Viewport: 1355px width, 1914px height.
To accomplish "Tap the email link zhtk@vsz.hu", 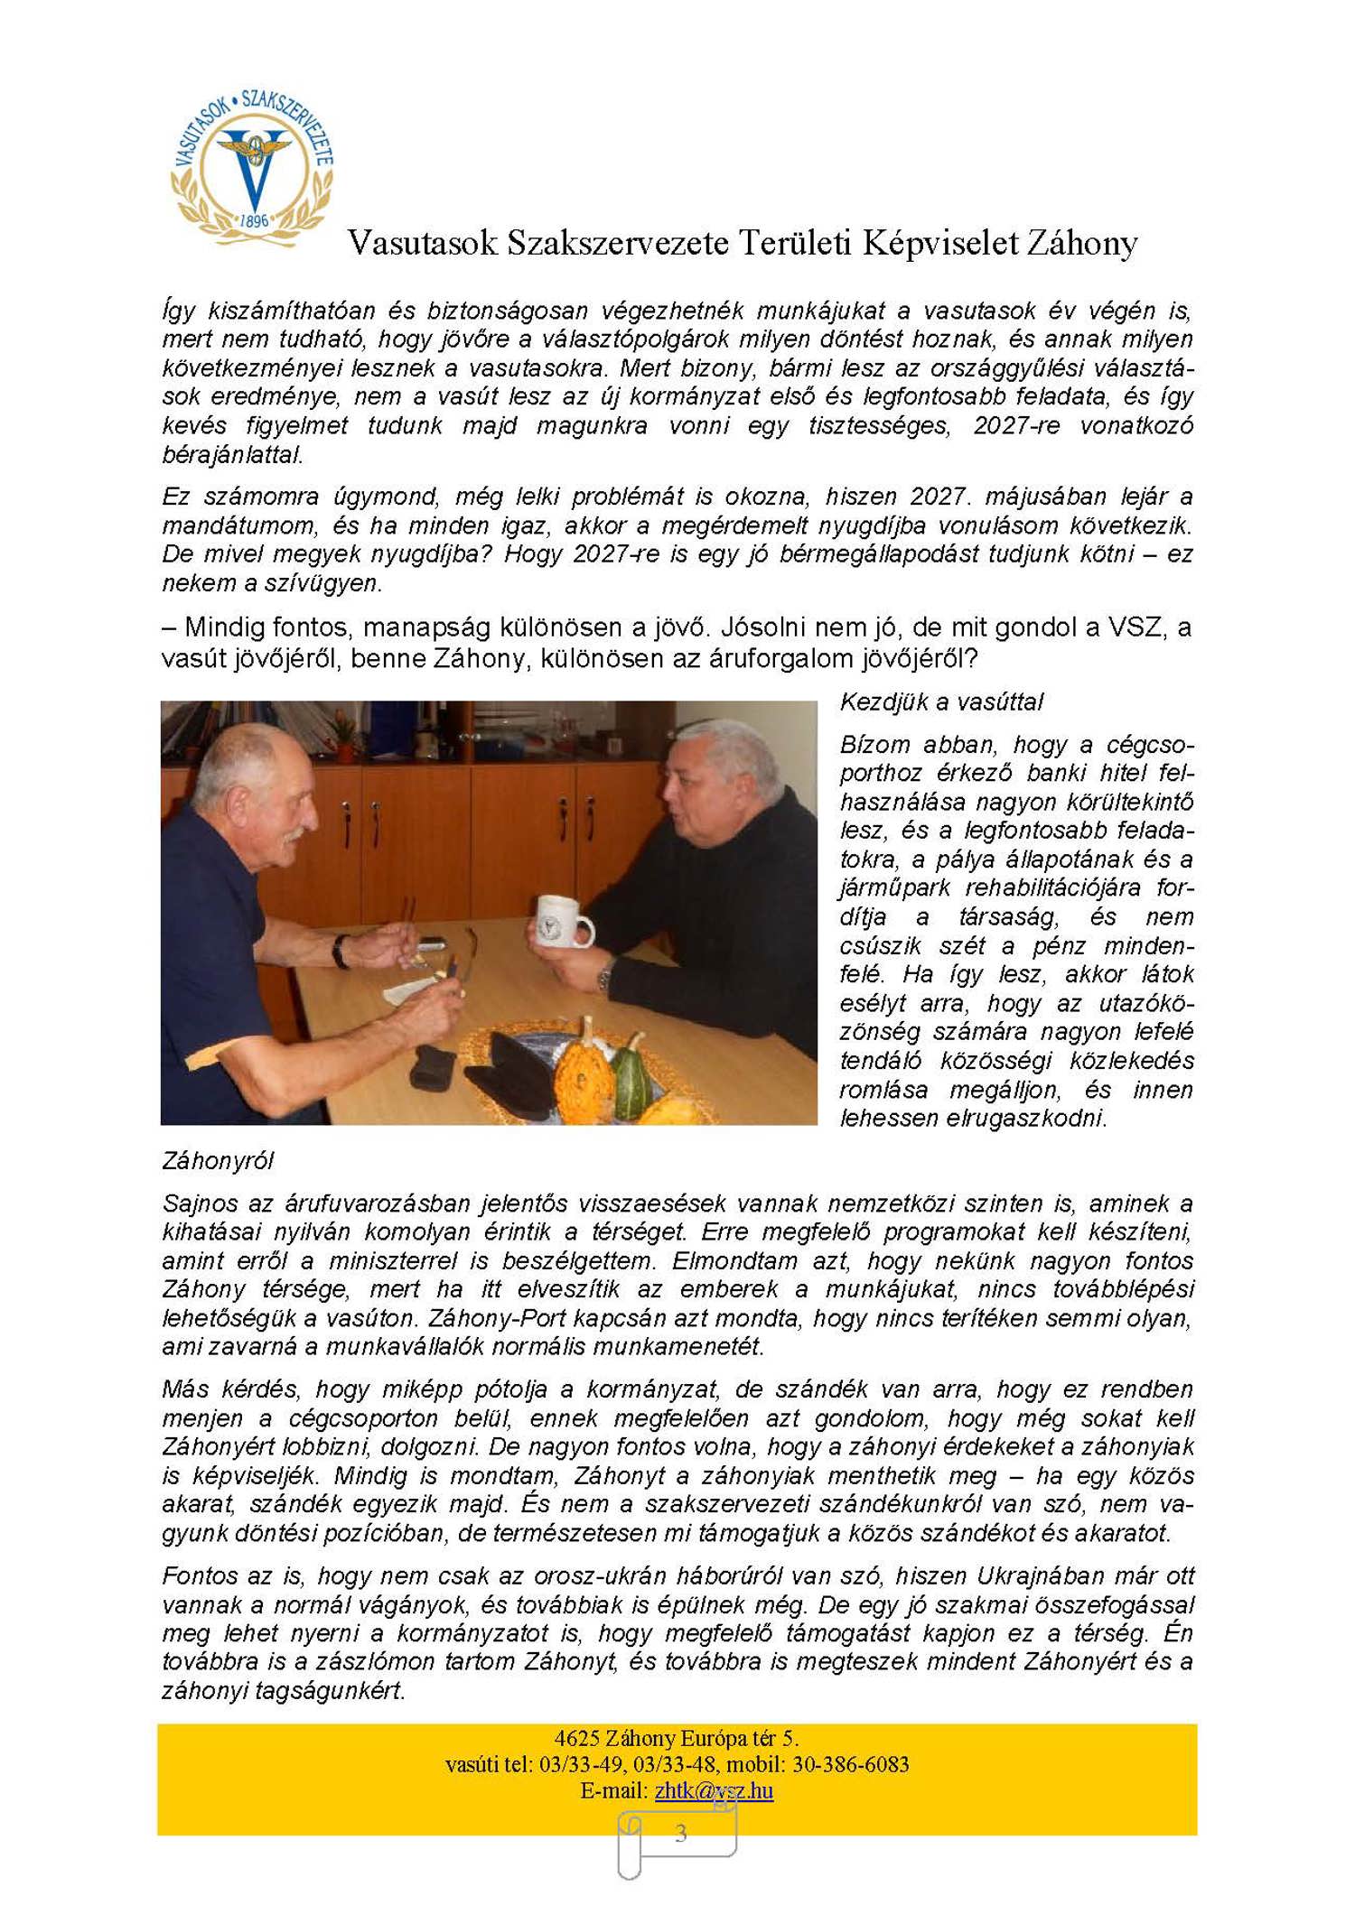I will [714, 1790].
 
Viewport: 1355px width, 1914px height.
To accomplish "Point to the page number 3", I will [680, 1834].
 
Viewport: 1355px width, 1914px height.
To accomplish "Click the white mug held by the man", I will [562, 923].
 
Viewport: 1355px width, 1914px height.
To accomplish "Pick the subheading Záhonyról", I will [218, 1161].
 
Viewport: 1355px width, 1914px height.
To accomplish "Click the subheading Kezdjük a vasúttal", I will [941, 702].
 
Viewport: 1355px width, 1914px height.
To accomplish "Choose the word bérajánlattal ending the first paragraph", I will [231, 455].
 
